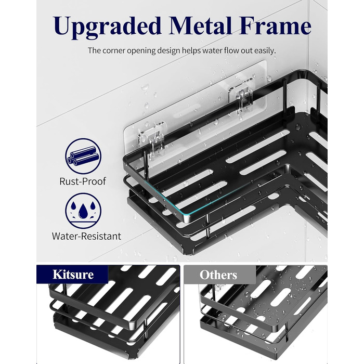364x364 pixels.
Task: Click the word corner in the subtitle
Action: pos(113,51)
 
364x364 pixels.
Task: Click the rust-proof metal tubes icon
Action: pos(83,156)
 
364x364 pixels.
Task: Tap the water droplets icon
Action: pos(83,211)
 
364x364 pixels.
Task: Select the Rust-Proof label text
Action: pos(83,181)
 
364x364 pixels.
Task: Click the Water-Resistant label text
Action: pos(86,236)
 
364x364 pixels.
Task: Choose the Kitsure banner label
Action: pos(73,275)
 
